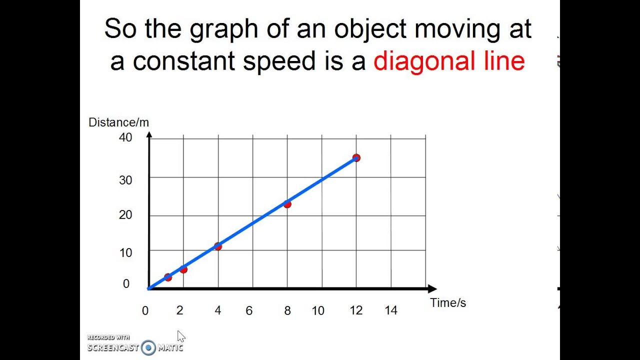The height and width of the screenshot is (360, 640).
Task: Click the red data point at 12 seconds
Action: [x=356, y=158]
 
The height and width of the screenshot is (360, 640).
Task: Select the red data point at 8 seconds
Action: [x=287, y=204]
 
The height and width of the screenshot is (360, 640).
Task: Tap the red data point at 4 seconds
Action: [x=218, y=246]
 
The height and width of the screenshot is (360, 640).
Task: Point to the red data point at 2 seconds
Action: [x=183, y=269]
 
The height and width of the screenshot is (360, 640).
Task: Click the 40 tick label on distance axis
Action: [x=125, y=137]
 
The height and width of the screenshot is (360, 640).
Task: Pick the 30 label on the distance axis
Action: [x=125, y=180]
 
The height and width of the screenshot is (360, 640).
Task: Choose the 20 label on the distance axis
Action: [x=125, y=215]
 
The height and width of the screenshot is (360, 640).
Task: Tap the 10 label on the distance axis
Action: [x=125, y=253]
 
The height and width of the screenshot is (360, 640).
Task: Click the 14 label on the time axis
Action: [x=391, y=310]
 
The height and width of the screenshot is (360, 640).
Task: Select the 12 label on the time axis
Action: [x=356, y=310]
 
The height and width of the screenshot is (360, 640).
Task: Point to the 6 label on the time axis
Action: [x=249, y=310]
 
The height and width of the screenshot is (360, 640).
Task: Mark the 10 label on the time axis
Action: [x=318, y=310]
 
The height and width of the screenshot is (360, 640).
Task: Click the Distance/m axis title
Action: [x=118, y=122]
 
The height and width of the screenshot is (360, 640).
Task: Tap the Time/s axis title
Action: [x=448, y=303]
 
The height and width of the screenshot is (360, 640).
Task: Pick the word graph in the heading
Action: [x=218, y=30]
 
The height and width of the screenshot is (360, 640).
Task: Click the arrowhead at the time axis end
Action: [x=432, y=288]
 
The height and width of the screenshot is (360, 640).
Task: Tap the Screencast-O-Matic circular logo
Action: [x=148, y=347]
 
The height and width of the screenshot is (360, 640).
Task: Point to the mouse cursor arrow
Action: [x=181, y=336]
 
